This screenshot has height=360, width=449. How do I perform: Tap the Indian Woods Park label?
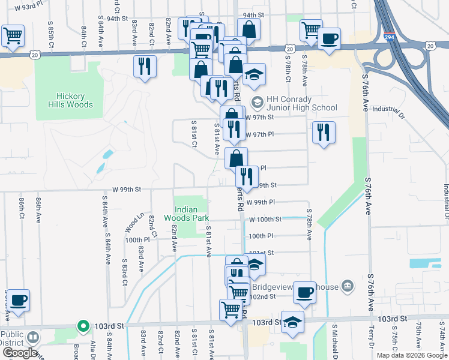tap(190, 214)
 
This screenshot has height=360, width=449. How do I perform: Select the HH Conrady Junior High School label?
tap(301, 103)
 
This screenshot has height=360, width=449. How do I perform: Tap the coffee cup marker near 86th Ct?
tap(18, 300)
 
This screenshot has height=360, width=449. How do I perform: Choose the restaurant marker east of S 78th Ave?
tap(324, 132)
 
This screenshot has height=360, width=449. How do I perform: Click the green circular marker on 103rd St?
tap(83, 326)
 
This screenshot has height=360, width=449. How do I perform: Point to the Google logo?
tap(19, 352)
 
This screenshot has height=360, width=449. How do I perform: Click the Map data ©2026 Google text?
tap(412, 355)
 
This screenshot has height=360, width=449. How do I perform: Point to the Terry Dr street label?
tap(372, 343)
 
